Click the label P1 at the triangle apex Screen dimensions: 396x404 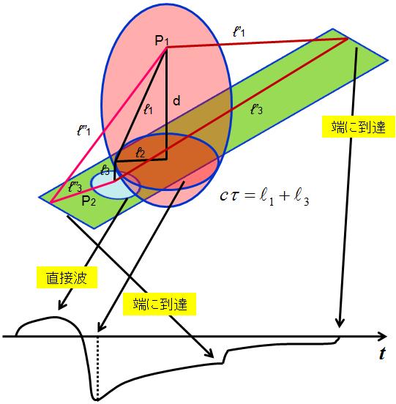(x=162, y=41)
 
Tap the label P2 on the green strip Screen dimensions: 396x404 (x=89, y=201)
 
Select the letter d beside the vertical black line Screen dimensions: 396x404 (x=176, y=100)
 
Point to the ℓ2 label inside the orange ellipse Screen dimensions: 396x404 (x=141, y=153)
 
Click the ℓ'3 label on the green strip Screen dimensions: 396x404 (x=256, y=109)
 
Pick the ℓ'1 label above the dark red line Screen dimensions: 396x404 (x=239, y=31)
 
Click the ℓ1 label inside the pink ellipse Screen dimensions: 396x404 (x=148, y=109)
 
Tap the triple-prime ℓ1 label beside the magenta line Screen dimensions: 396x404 (x=83, y=130)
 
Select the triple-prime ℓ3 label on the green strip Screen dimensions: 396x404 (x=75, y=187)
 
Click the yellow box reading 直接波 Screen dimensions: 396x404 (x=67, y=277)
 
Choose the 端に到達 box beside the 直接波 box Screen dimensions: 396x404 (x=160, y=304)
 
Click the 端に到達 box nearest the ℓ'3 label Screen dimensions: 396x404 (x=359, y=127)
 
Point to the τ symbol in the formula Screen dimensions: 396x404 (x=234, y=196)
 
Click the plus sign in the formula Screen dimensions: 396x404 (x=284, y=196)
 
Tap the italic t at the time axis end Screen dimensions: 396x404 (x=383, y=353)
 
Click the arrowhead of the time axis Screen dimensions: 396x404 (x=384, y=336)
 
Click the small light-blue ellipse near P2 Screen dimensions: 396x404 (x=115, y=184)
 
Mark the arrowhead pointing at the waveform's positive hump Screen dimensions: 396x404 (x=61, y=305)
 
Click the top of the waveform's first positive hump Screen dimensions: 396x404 (x=54, y=317)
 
